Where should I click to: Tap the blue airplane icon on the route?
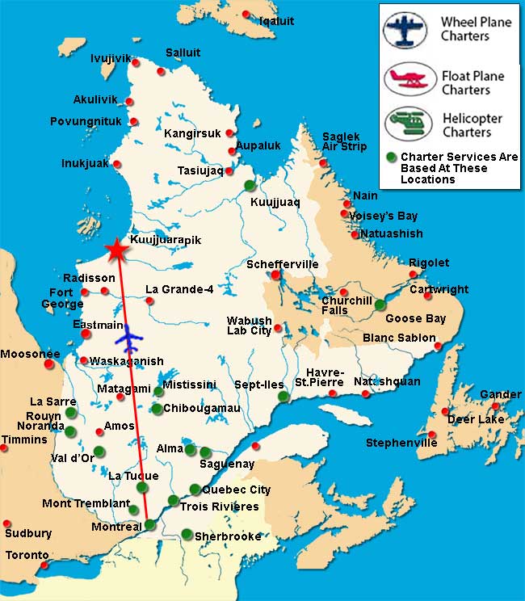click(x=128, y=334)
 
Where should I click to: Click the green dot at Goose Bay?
click(x=380, y=305)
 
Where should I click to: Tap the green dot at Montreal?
click(x=149, y=525)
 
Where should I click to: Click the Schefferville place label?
click(x=283, y=264)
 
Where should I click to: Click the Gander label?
click(x=501, y=394)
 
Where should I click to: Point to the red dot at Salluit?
click(x=162, y=71)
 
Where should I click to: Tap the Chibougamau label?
click(x=202, y=409)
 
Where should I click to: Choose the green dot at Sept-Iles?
click(x=283, y=397)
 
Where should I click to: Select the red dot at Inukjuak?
click(x=117, y=164)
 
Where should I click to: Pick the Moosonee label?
click(x=30, y=354)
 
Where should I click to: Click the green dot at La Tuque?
click(x=142, y=487)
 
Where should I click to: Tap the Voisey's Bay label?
click(x=384, y=216)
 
